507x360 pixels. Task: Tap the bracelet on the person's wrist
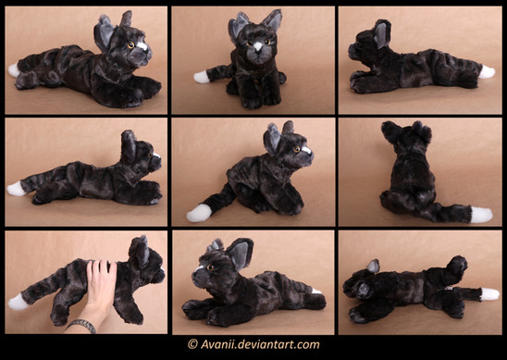coord(82,325)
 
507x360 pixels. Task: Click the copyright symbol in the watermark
coord(192,344)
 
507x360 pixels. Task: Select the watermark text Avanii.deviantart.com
coord(260,344)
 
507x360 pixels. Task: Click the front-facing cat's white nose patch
coord(258,46)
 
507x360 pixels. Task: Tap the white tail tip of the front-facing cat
coord(202,78)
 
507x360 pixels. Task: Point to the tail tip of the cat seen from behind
coord(481,215)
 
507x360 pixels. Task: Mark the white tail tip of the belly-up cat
coord(489,294)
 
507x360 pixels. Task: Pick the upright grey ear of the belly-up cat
coord(374,266)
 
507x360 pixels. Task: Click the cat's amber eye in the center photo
coord(296,149)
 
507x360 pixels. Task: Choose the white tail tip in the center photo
coord(199,213)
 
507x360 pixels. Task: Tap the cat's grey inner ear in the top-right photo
coord(381,35)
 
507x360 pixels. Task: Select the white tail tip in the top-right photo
coord(487,72)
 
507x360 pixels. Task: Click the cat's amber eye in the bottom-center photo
coord(211,267)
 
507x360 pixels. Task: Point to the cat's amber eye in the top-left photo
coord(130,45)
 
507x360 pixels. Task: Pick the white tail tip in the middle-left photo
coord(16,189)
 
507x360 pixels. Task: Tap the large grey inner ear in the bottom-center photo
coord(240,255)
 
